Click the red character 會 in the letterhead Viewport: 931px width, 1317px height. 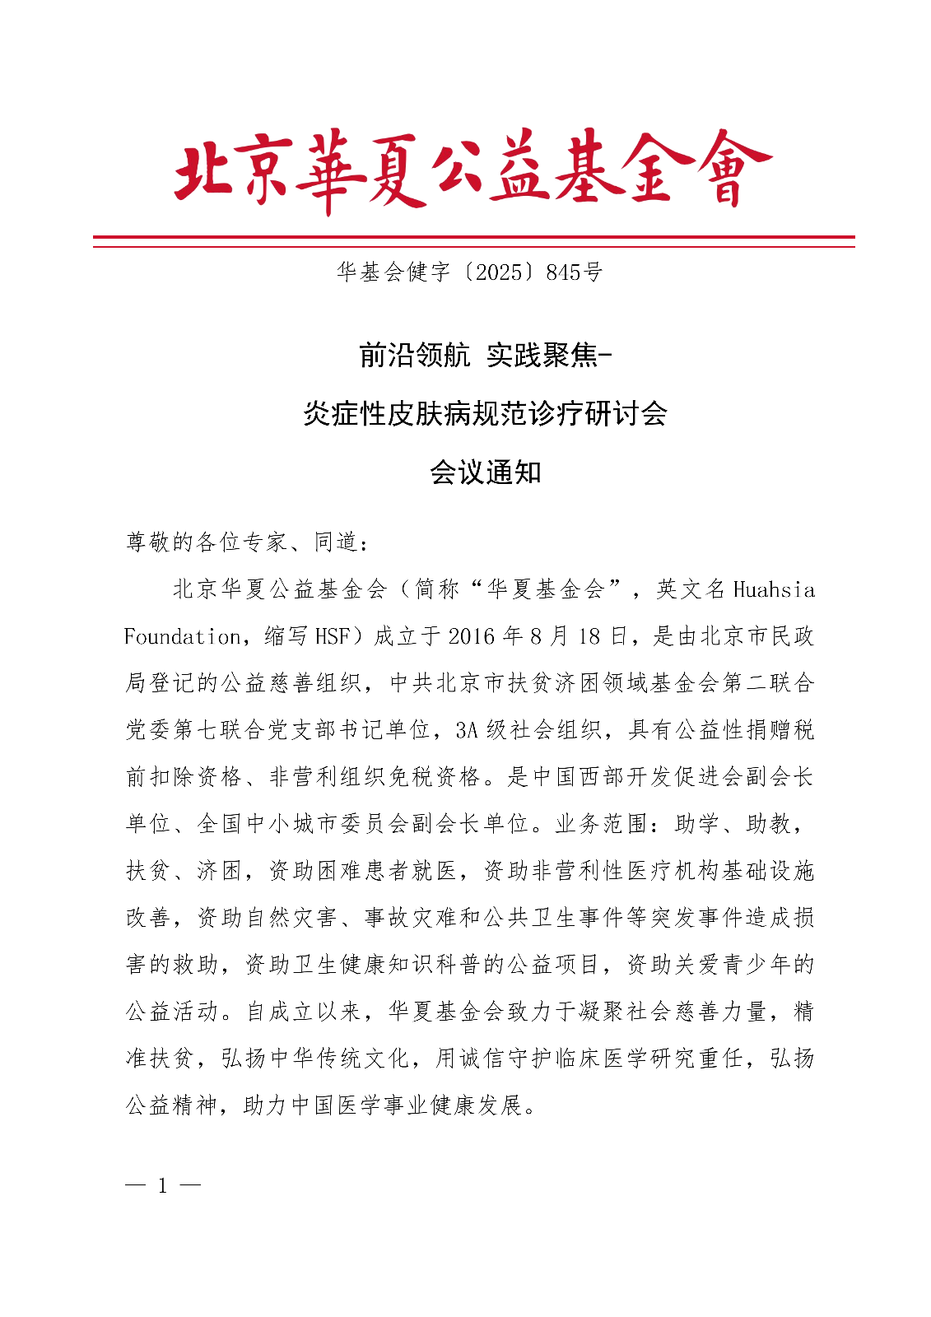pos(729,169)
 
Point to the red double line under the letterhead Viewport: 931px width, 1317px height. pos(473,241)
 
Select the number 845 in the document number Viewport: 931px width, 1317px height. pos(563,272)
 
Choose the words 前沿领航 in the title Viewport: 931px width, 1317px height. pos(414,355)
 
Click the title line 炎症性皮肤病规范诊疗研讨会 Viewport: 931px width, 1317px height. pos(485,413)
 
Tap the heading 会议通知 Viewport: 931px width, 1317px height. pos(485,472)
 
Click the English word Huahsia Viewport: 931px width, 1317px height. pos(773,589)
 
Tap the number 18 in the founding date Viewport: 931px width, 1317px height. pos(589,636)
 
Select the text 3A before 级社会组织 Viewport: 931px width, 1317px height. pos(467,730)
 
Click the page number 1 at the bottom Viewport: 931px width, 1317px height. pos(163,1186)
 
